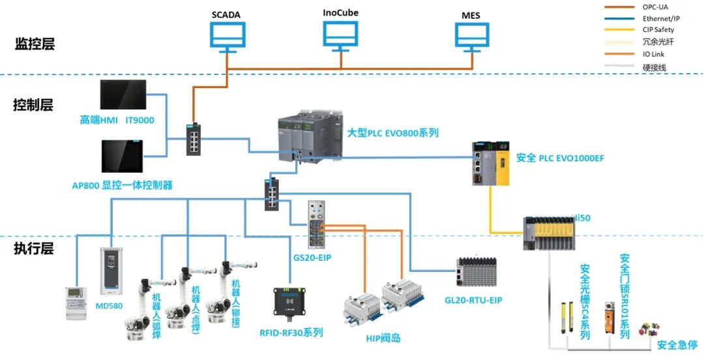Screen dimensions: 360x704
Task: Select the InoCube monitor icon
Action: [x=340, y=37]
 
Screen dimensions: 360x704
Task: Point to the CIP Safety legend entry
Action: [x=656, y=30]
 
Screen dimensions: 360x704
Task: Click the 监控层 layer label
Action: [x=35, y=44]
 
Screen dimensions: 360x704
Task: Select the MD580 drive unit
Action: [x=110, y=271]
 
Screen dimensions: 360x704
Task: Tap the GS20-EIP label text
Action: [x=313, y=258]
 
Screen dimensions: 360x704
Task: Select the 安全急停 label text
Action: [x=677, y=345]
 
